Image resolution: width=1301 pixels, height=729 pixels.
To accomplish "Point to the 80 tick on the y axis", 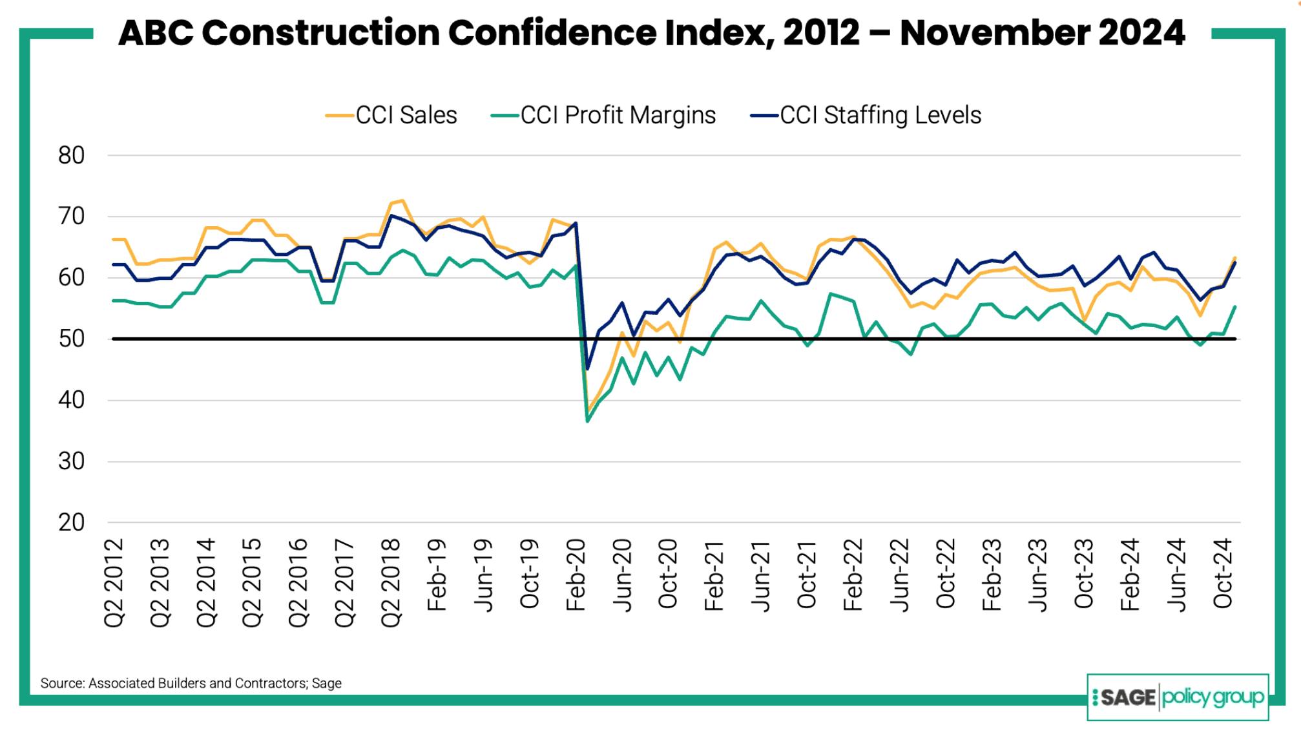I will point(71,156).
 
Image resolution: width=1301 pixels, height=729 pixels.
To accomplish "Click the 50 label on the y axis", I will point(71,339).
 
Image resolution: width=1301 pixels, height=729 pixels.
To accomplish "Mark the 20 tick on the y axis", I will point(71,523).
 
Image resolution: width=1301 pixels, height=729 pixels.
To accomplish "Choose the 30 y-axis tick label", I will point(71,461).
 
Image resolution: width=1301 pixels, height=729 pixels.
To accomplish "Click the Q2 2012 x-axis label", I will point(114,582).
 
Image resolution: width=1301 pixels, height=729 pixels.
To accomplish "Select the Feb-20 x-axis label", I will point(575,575).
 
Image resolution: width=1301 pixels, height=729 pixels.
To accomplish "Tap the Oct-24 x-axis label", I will point(1223,573).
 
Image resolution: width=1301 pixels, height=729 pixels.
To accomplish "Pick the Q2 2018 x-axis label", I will point(391,582).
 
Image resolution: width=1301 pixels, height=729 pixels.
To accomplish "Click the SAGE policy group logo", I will point(1177,697).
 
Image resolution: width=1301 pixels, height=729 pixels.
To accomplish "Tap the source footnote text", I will point(191,683).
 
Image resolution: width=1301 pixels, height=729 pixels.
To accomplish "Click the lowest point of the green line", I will point(587,421).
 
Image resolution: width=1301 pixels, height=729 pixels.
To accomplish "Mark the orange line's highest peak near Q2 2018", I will point(402,200).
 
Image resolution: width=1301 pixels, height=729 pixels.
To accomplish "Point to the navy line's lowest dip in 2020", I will point(587,369).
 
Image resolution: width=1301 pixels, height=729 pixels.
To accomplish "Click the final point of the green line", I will point(1235,307).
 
